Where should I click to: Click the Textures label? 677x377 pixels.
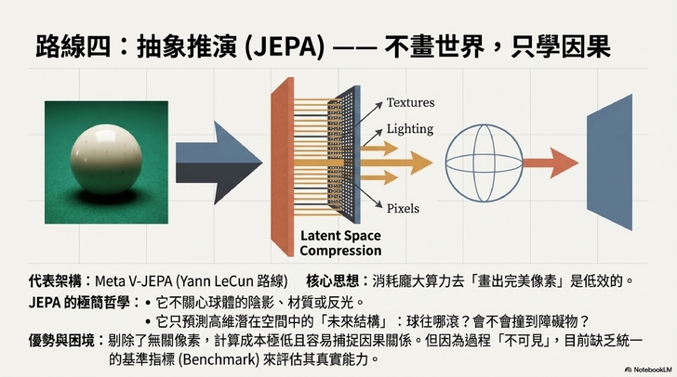[410, 102]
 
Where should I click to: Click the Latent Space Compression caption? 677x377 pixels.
[340, 243]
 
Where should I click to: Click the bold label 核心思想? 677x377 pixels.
[337, 279]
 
